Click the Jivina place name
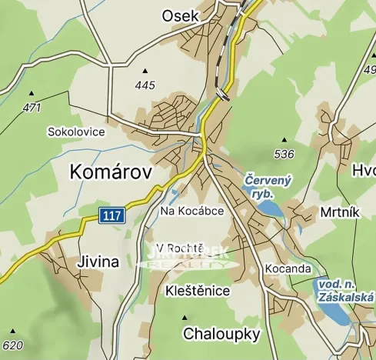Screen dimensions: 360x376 pos(98,262)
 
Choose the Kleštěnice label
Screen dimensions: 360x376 pos(198,292)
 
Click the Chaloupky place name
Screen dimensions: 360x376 pos(221,334)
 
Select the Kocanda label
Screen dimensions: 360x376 pos(287,268)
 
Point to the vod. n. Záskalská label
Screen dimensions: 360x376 pos(345,290)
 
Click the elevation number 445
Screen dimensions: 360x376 pos(144,85)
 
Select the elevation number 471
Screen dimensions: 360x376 pos(32,108)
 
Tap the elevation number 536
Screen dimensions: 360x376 pos(284,154)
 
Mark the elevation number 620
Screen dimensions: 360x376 pos(13,345)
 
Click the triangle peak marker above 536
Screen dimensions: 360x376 pos(284,141)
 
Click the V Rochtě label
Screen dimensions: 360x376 pos(179,248)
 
